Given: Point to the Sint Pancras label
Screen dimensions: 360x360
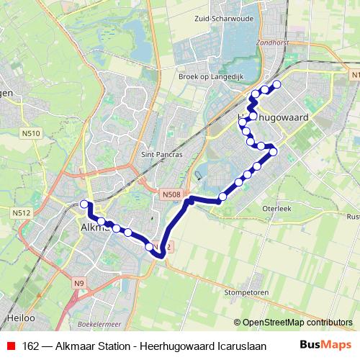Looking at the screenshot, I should [163, 153].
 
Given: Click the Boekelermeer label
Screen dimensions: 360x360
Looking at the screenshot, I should [101, 325].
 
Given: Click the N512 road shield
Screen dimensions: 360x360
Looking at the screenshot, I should [21, 212].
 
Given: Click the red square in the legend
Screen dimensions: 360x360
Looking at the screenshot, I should [10, 346].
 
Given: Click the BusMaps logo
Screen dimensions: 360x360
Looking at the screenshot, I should [325, 345].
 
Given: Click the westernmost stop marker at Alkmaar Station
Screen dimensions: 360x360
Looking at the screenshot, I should [84, 204].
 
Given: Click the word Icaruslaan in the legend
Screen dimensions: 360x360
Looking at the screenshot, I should [242, 346].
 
